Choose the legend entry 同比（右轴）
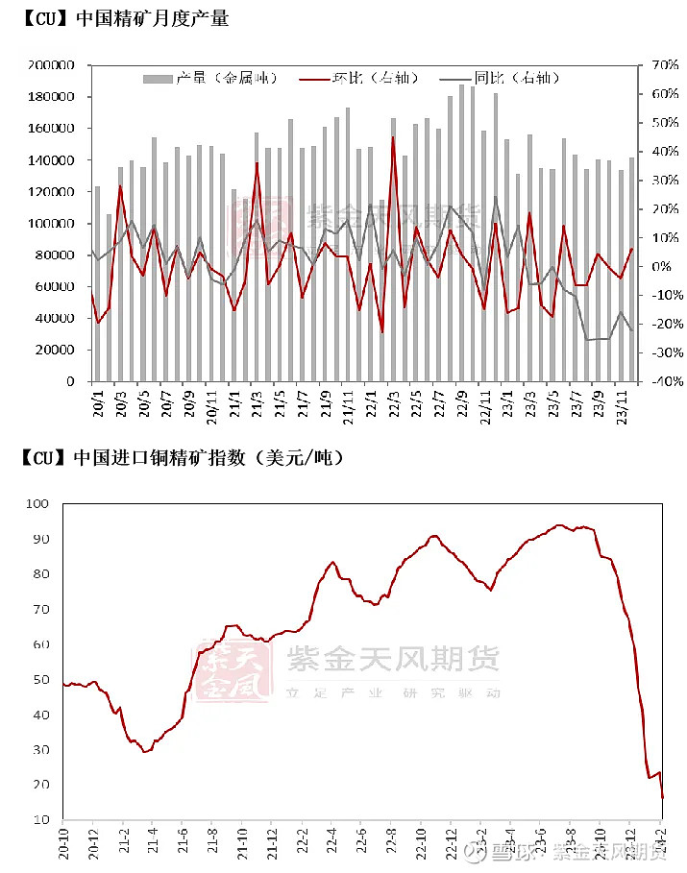click(x=501, y=78)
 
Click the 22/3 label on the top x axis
click(x=394, y=400)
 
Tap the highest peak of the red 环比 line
click(x=393, y=137)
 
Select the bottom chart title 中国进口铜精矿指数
click(x=182, y=457)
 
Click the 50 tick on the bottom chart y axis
click(x=39, y=680)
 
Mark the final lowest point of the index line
click(x=662, y=797)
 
